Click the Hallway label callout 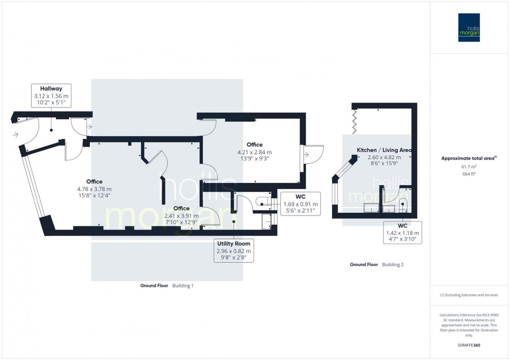[51, 95]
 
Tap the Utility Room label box [234, 251]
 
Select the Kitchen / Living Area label [384, 150]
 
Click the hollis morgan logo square [469, 27]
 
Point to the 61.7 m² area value [469, 167]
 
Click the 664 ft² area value [469, 174]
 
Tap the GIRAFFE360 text [469, 345]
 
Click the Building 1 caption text [183, 285]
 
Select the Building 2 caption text [393, 265]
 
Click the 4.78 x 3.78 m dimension [94, 189]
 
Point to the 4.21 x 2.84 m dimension [255, 152]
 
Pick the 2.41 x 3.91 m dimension [181, 216]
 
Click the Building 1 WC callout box [300, 204]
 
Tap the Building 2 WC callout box [402, 233]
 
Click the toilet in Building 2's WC [403, 204]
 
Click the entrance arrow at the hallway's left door [15, 134]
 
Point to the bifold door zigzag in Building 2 [355, 122]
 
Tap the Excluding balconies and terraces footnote [469, 295]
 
